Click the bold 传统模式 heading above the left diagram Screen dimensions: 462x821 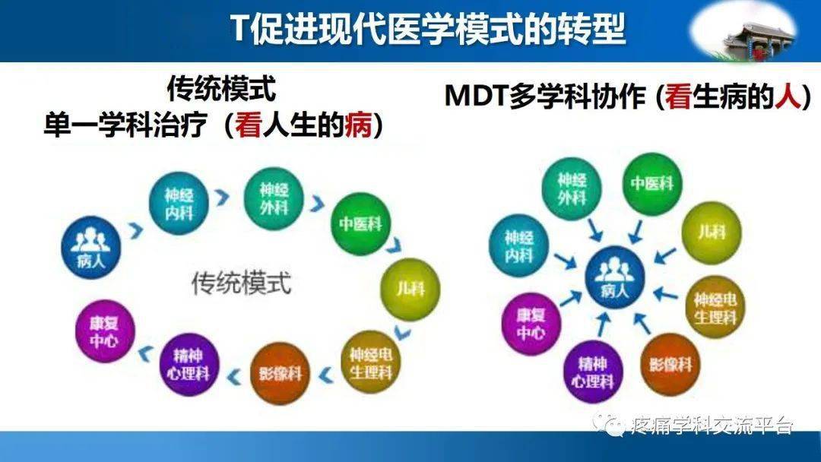pos(221,90)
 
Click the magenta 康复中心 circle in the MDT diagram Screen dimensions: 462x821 pos(531,323)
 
